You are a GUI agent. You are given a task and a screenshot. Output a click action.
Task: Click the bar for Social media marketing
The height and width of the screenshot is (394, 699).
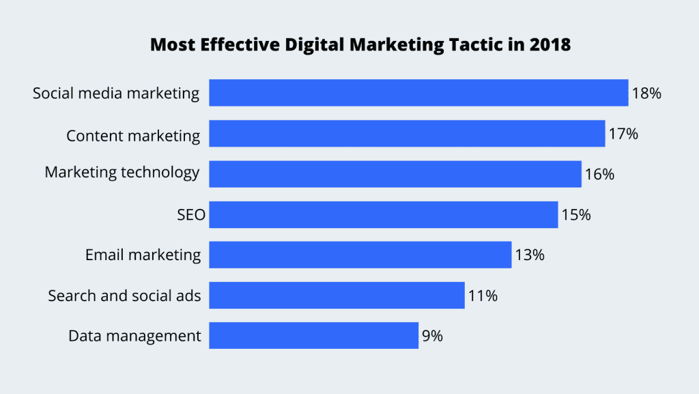point(418,93)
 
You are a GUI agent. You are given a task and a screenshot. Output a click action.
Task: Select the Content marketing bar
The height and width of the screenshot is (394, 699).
point(407,133)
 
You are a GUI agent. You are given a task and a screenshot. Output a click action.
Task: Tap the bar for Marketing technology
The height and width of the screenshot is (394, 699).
point(395,173)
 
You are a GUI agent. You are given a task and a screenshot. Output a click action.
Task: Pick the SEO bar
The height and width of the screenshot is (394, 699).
point(383,214)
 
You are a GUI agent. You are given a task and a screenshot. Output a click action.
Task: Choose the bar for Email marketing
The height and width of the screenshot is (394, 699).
point(360,255)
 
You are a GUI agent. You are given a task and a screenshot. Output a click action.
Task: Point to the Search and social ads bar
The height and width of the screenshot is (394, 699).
point(337,295)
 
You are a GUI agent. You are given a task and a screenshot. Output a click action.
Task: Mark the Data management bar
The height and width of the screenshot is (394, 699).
point(313,335)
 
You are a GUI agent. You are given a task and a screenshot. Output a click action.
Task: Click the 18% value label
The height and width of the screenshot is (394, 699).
point(646,94)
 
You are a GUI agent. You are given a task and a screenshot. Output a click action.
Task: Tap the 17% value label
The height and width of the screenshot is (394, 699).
point(623,134)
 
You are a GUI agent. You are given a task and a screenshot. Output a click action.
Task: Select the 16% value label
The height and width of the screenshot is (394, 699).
point(599,174)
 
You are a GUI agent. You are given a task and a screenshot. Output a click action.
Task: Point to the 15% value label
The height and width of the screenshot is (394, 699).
point(576,215)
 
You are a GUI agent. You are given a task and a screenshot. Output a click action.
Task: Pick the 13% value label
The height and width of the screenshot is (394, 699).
point(530,255)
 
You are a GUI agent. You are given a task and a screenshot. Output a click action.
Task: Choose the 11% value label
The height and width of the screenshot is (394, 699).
point(483,296)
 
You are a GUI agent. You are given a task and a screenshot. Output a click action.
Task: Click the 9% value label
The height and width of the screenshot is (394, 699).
point(433,336)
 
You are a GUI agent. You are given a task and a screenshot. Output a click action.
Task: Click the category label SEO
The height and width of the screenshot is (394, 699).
point(190,215)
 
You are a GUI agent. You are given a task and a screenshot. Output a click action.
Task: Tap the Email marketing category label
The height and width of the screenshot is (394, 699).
point(143,255)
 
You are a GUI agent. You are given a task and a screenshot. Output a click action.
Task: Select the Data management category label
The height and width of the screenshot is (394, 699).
point(134,336)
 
